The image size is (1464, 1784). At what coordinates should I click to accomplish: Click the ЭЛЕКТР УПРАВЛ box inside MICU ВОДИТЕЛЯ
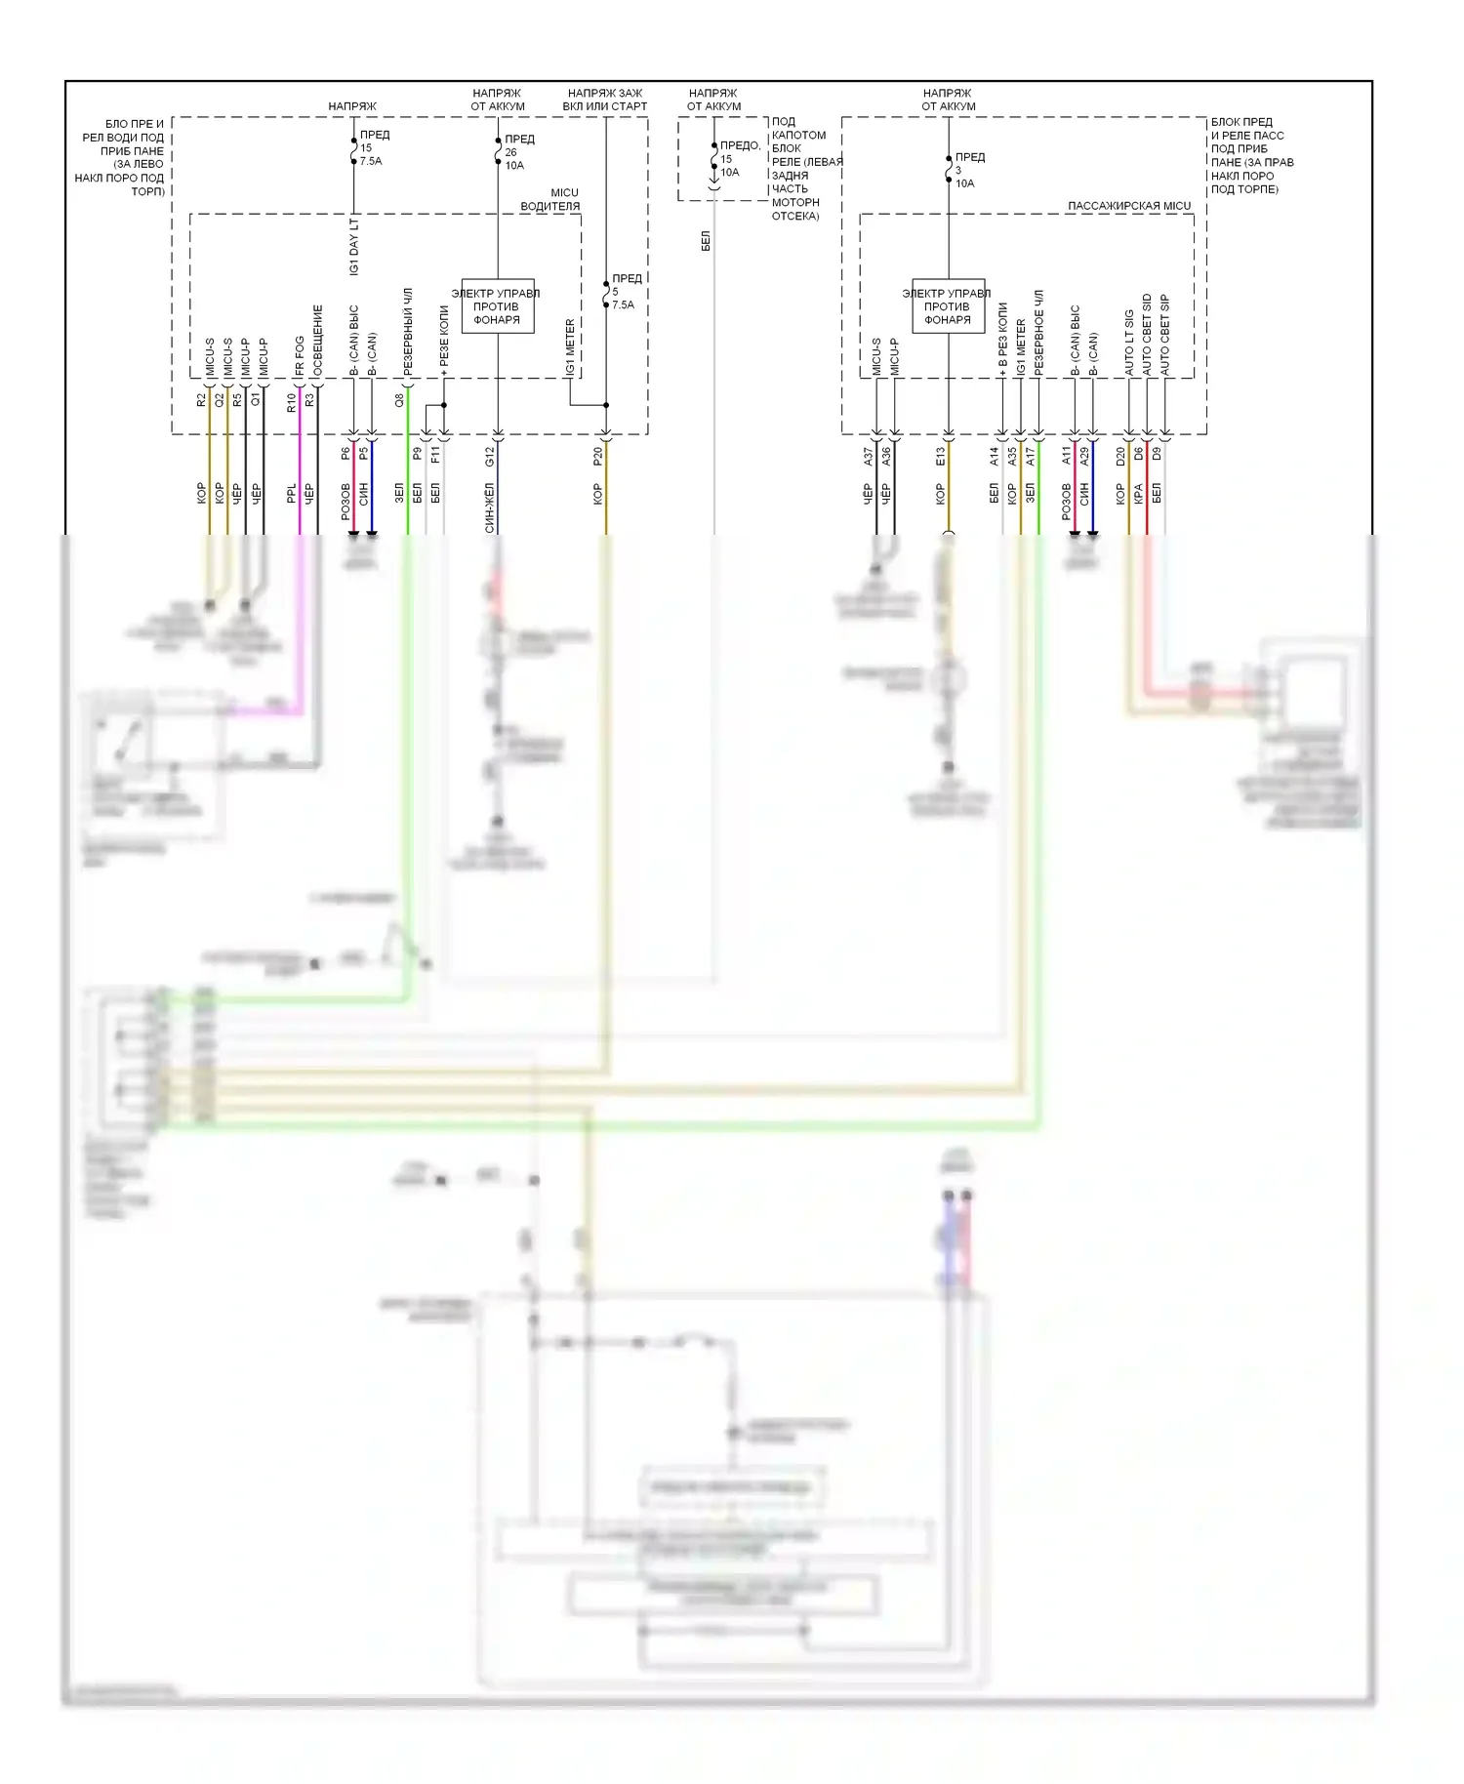pos(497,306)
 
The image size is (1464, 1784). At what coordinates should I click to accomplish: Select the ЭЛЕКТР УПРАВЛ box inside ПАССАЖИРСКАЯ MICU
pos(948,306)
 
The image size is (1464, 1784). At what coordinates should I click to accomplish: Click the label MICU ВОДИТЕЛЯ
pos(551,199)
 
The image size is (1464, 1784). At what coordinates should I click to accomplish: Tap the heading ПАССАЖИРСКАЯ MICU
pos(1129,206)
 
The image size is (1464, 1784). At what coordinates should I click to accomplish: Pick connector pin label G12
pos(490,456)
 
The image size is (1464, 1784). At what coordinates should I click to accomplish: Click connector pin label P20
pos(597,456)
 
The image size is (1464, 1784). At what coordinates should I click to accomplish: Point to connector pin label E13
pos(940,456)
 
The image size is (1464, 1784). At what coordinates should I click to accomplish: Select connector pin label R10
pos(291,402)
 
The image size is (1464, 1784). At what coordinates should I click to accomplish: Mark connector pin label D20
pos(1120,456)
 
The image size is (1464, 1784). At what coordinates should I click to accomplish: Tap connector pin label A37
pos(868,456)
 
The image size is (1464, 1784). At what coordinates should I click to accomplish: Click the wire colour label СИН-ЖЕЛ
pos(490,507)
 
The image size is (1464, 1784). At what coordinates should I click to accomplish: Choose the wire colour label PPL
pos(291,494)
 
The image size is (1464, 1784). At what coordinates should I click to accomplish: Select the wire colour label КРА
pos(1138,494)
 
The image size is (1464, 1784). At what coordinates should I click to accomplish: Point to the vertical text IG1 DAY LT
pos(354,246)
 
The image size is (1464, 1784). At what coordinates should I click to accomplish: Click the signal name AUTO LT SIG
pos(1129,343)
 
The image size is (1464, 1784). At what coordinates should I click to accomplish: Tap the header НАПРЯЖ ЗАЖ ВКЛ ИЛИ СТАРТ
pos(605,100)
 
